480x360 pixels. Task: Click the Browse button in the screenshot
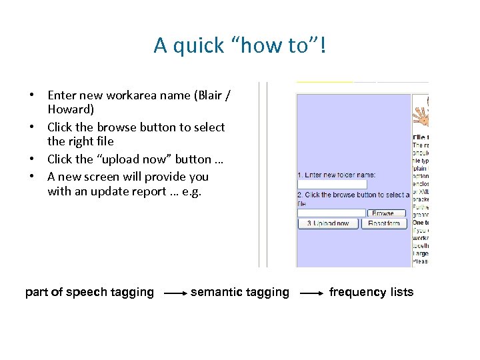pyautogui.click(x=383, y=213)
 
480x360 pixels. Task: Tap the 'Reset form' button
pyautogui.click(x=383, y=223)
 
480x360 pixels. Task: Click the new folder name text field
pyautogui.click(x=332, y=184)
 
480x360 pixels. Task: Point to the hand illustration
pyautogui.click(x=421, y=114)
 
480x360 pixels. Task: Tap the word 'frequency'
pyautogui.click(x=357, y=292)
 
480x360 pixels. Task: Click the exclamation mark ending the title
pyautogui.click(x=323, y=46)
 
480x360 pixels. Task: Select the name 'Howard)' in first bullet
pyautogui.click(x=71, y=109)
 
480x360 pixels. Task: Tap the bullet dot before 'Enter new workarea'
pyautogui.click(x=31, y=95)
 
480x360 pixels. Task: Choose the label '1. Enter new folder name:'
pyautogui.click(x=337, y=175)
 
